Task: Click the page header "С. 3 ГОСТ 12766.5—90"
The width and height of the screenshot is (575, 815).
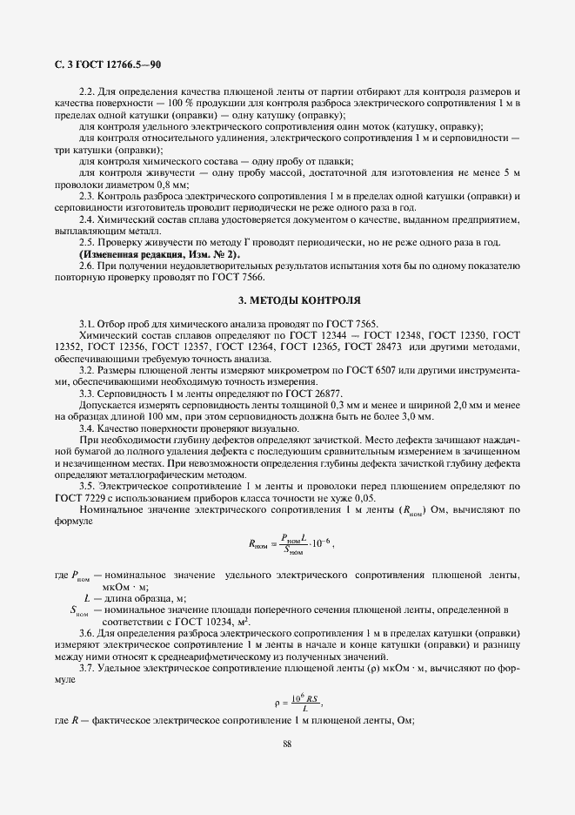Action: (x=103, y=64)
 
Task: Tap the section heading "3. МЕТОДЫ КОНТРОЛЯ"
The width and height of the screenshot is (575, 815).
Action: (x=299, y=300)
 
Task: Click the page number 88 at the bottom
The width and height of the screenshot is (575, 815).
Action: (x=288, y=743)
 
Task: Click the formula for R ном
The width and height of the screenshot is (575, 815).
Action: (x=290, y=545)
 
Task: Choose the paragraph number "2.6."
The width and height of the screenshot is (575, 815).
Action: (x=88, y=265)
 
